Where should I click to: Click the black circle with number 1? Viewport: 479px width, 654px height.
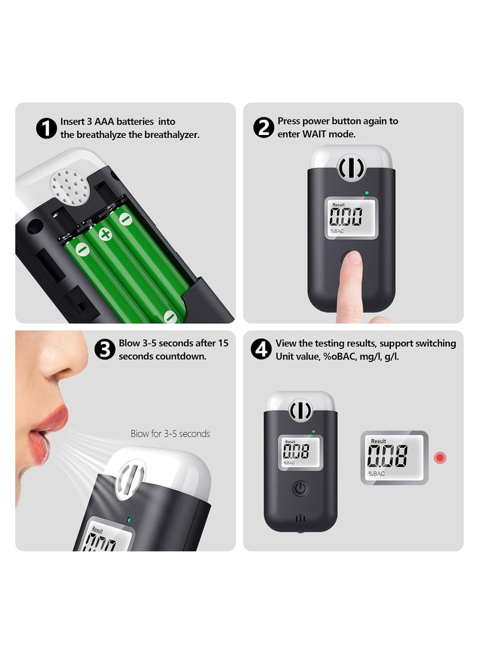47,128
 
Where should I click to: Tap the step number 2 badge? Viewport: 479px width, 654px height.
264,128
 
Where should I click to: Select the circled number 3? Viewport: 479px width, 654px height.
106,349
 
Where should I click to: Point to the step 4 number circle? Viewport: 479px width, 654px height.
261,349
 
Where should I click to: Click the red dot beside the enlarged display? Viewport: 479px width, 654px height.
441,458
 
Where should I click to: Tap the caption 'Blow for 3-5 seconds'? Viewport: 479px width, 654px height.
170,433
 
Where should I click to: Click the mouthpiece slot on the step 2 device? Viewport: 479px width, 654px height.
351,168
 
